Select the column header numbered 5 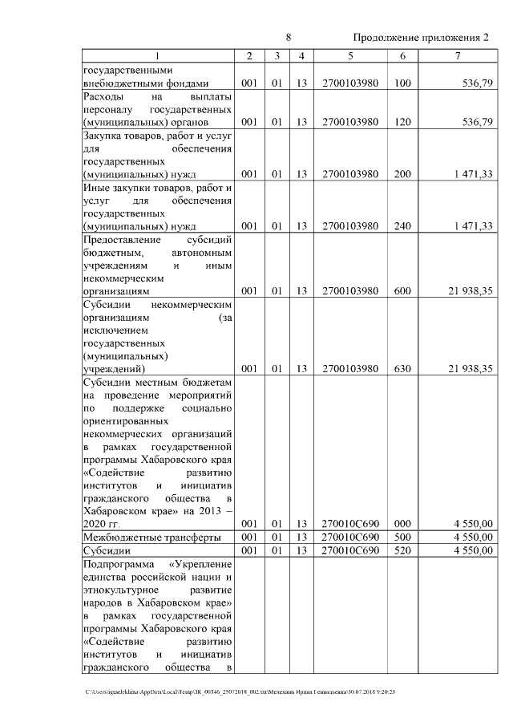pyautogui.click(x=350, y=55)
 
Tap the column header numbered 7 pyautogui.click(x=457, y=55)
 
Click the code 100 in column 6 pyautogui.click(x=402, y=82)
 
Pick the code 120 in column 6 pyautogui.click(x=402, y=122)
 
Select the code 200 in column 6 pyautogui.click(x=402, y=174)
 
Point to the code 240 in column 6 pyautogui.click(x=402, y=226)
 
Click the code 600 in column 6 pyautogui.click(x=402, y=290)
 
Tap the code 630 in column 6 pyautogui.click(x=402, y=368)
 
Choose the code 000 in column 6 pyautogui.click(x=402, y=524)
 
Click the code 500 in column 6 pyautogui.click(x=402, y=537)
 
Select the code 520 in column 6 pyautogui.click(x=402, y=551)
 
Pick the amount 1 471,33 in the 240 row pyautogui.click(x=470, y=226)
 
